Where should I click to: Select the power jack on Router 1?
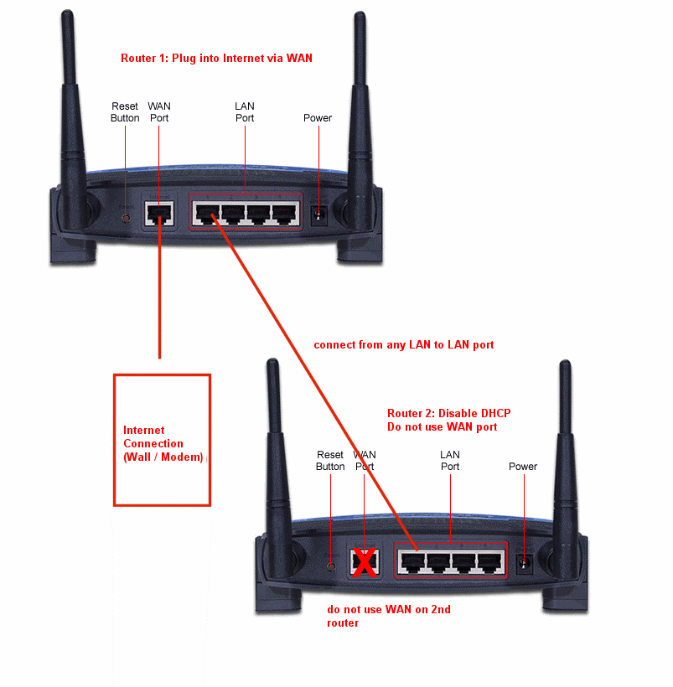(318, 215)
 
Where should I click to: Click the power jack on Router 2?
(525, 564)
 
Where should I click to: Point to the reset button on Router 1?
(126, 217)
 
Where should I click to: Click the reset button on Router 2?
(332, 566)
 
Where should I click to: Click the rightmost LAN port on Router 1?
(285, 214)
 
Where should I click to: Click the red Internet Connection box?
(162, 439)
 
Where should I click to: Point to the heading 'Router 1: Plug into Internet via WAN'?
(216, 58)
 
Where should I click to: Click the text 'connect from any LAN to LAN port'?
(403, 344)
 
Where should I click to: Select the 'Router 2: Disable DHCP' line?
(448, 413)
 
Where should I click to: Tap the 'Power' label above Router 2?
(523, 467)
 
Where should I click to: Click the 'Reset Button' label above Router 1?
(126, 112)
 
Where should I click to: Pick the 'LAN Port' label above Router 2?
(450, 461)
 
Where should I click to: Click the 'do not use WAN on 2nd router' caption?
(388, 616)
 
